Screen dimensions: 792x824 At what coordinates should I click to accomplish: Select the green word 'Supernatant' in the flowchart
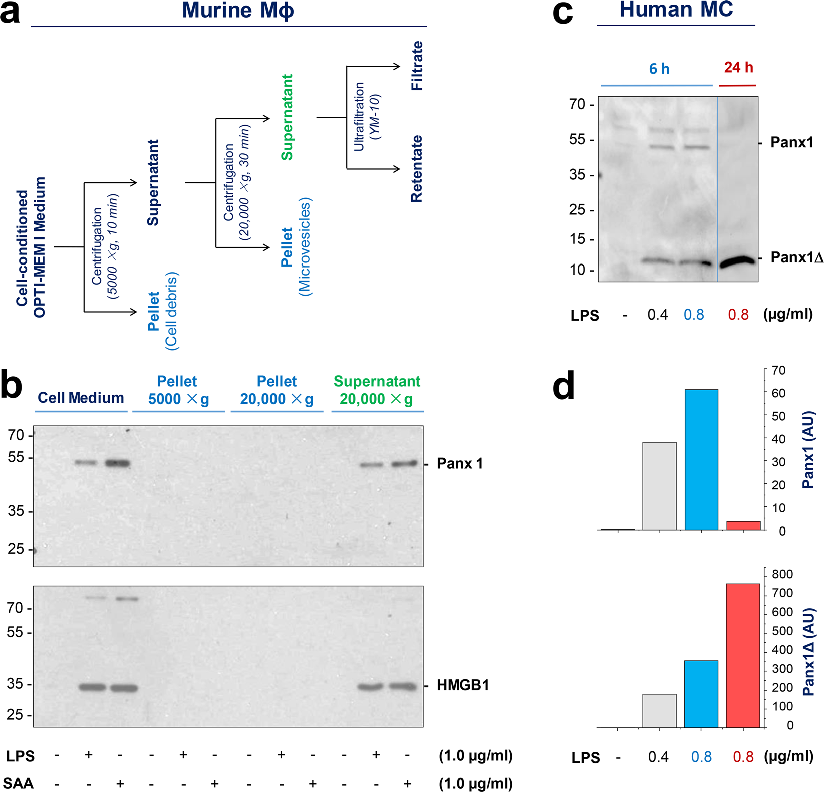tap(287, 117)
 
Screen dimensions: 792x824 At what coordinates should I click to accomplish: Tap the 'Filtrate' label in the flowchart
tap(417, 66)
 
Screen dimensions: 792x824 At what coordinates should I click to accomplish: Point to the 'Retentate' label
tap(417, 169)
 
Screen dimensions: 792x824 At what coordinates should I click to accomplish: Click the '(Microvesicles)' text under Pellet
tap(305, 246)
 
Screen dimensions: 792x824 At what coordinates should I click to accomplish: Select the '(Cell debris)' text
tap(172, 311)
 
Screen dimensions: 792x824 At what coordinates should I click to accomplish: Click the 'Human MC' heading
tap(676, 9)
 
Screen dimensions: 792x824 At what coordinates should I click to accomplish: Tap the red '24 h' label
tap(738, 67)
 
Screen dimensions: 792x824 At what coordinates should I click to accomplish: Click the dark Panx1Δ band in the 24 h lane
tap(737, 261)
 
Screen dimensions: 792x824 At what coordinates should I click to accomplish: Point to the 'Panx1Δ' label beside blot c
tap(796, 257)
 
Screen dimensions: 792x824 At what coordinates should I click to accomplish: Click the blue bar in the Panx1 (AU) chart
tap(701, 459)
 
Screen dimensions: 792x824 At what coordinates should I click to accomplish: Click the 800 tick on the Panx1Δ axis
tap(782, 574)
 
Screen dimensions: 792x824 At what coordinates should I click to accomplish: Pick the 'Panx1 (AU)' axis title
tap(808, 450)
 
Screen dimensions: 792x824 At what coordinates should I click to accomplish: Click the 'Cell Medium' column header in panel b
tap(81, 398)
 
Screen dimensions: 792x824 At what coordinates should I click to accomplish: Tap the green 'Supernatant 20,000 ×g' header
tap(377, 390)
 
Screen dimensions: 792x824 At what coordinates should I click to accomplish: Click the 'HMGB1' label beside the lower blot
tap(462, 685)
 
